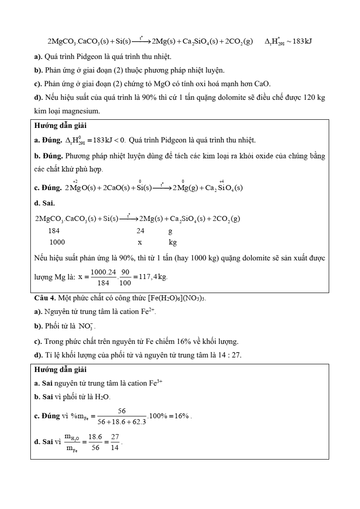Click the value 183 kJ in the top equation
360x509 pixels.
(299, 42)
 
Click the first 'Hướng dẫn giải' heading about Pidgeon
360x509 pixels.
(60, 126)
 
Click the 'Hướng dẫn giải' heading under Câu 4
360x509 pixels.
(60, 370)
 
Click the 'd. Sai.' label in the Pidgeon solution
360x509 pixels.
(44, 203)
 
